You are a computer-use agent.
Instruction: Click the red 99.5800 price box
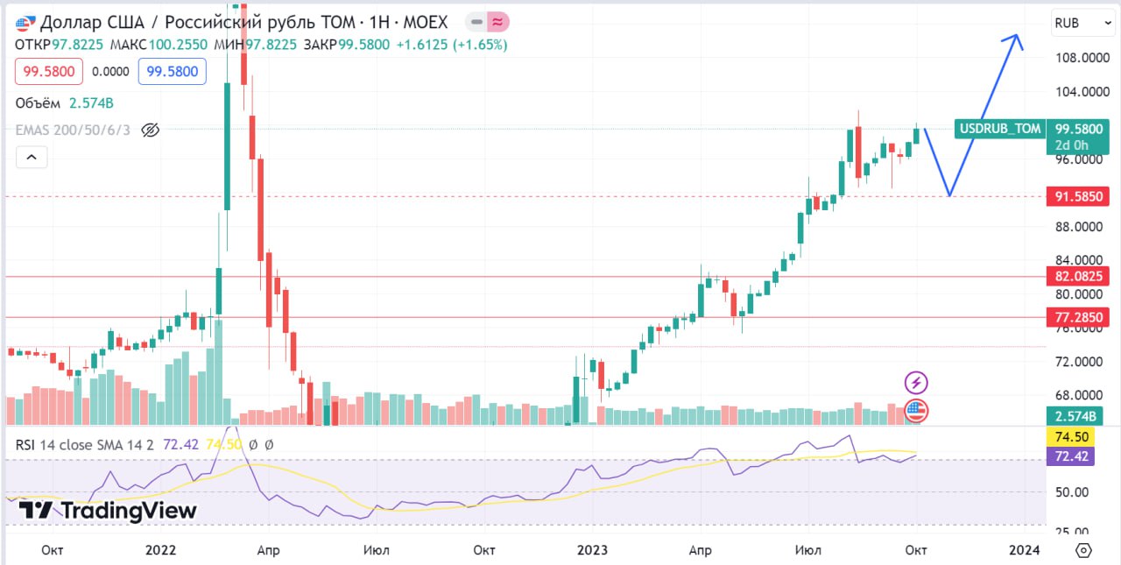pyautogui.click(x=48, y=72)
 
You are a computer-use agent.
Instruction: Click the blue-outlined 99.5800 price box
pyautogui.click(x=173, y=72)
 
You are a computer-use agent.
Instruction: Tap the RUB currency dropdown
pyautogui.click(x=1083, y=23)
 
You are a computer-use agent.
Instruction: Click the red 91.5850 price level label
pyautogui.click(x=1078, y=196)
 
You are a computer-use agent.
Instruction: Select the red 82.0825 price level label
pyautogui.click(x=1078, y=276)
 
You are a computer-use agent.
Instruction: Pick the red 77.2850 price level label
pyautogui.click(x=1078, y=317)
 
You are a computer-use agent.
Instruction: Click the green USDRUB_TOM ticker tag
pyautogui.click(x=1000, y=129)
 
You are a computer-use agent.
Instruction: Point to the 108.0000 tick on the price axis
pyautogui.click(x=1082, y=58)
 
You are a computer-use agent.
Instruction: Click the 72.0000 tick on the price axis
pyautogui.click(x=1079, y=361)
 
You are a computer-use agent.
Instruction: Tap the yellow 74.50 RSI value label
pyautogui.click(x=1070, y=437)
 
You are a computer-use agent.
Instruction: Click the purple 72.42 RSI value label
pyautogui.click(x=1070, y=456)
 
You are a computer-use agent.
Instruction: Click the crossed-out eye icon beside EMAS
pyautogui.click(x=150, y=131)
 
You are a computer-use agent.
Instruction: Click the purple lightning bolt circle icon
pyautogui.click(x=916, y=383)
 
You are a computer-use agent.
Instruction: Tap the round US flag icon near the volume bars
pyautogui.click(x=916, y=411)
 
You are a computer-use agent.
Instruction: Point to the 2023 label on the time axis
pyautogui.click(x=592, y=550)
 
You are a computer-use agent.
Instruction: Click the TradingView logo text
pyautogui.click(x=108, y=511)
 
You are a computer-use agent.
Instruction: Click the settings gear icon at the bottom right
pyautogui.click(x=1083, y=550)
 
